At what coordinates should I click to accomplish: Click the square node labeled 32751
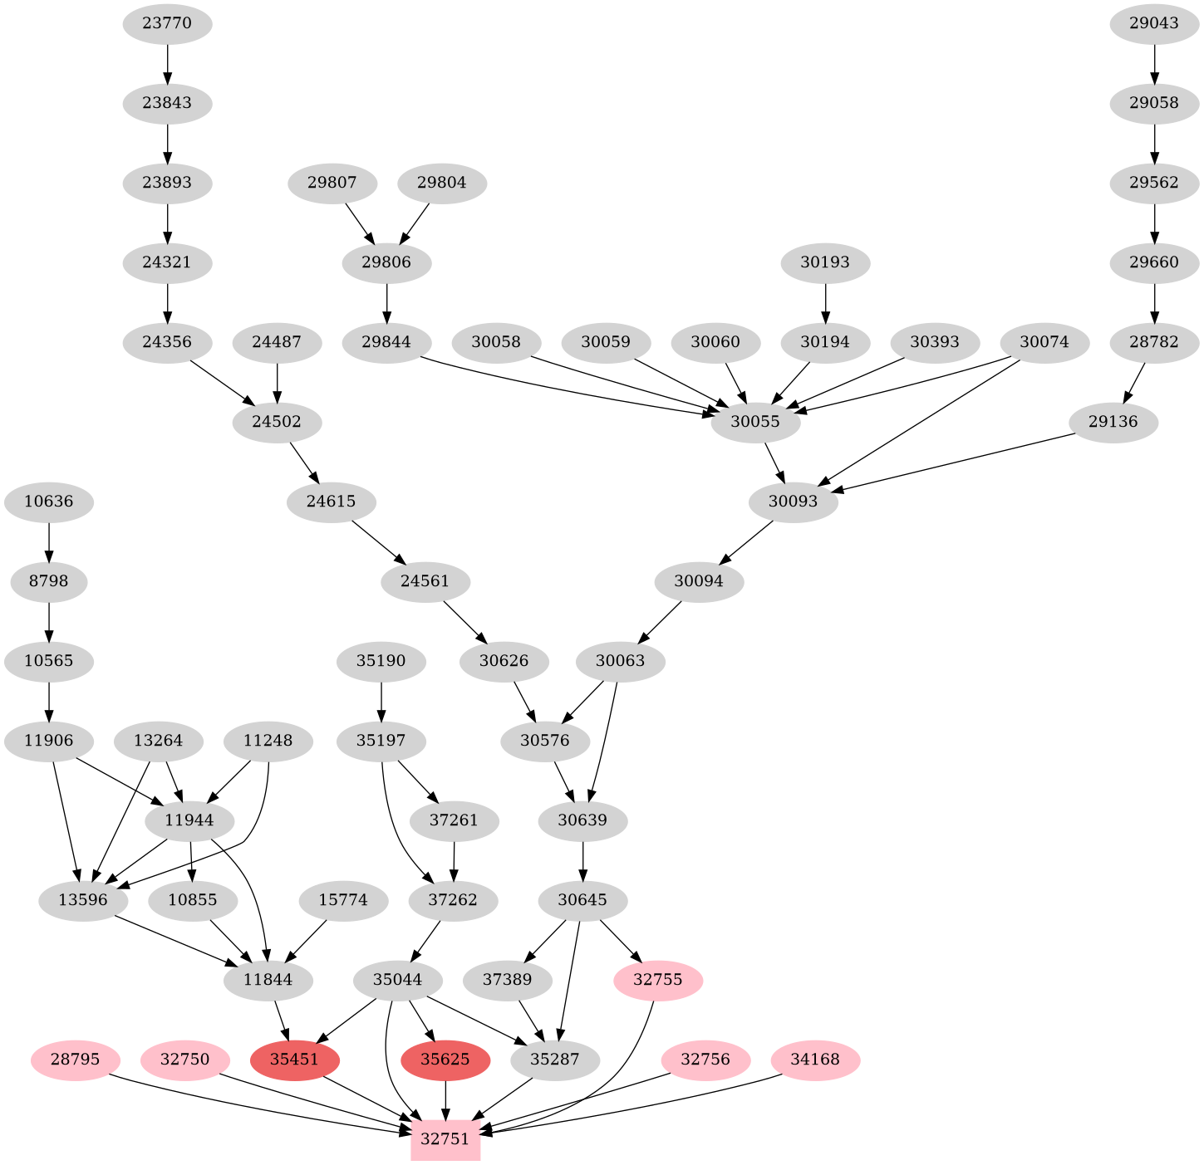(445, 1138)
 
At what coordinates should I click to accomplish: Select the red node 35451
(295, 1060)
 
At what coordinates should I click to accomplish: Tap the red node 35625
(445, 1060)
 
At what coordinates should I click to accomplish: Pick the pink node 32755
(658, 980)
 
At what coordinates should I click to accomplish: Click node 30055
(755, 422)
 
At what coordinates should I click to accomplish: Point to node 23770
(167, 23)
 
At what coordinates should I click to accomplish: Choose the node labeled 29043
(1154, 23)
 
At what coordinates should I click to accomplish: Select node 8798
(49, 581)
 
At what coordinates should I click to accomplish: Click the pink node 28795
(76, 1060)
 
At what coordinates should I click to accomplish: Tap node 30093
(793, 502)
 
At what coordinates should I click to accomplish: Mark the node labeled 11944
(189, 820)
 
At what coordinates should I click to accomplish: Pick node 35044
(397, 980)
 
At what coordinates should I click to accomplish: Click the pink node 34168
(815, 1060)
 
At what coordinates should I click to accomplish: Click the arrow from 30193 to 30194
(825, 303)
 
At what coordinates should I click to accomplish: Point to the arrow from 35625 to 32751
(446, 1099)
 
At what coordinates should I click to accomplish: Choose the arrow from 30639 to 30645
(583, 861)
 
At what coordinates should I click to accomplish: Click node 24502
(277, 422)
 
